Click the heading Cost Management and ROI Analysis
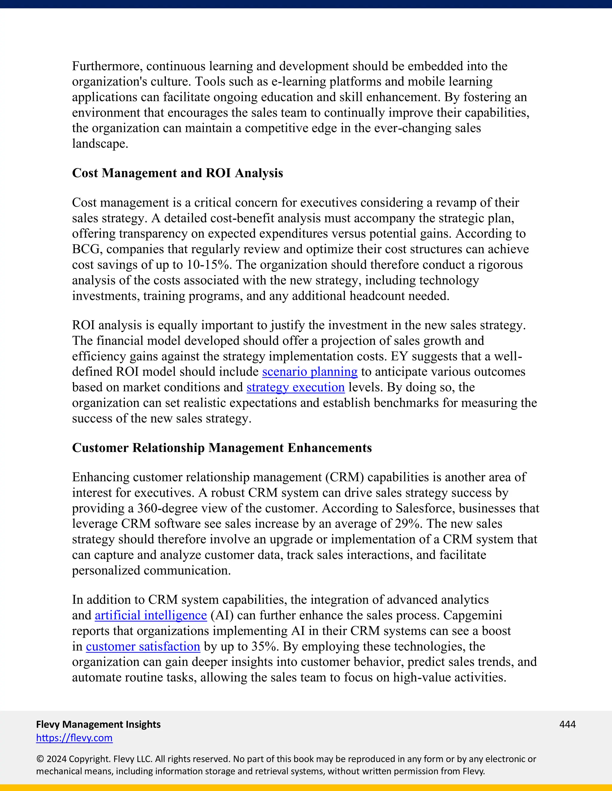(x=177, y=173)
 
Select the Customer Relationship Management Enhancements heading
(x=222, y=448)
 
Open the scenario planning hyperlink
(x=310, y=372)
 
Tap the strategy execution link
(x=296, y=387)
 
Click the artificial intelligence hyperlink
(x=151, y=615)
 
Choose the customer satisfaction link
(x=143, y=647)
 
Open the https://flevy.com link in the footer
(x=74, y=738)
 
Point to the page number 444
(x=567, y=724)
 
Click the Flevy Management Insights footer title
(x=98, y=724)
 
